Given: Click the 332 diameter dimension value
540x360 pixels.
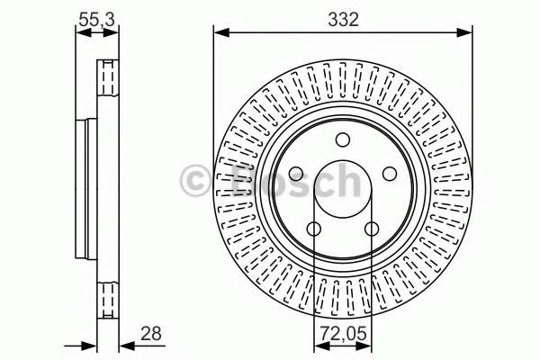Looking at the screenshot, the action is tap(344, 19).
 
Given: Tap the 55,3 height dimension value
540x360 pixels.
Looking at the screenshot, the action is tap(97, 20).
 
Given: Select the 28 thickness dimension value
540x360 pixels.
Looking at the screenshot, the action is tap(151, 334).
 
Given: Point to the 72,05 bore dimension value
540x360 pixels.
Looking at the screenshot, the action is tap(343, 334).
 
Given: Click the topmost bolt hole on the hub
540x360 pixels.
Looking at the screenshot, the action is tap(343, 139).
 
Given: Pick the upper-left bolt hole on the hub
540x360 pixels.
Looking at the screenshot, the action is tap(296, 174).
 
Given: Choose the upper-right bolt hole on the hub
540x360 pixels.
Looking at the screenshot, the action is tap(390, 174).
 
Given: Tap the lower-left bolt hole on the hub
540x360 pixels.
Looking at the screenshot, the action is tap(314, 229).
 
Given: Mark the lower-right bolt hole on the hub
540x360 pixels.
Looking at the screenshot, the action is tap(372, 229).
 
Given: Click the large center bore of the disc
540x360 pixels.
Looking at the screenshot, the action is tap(343, 189).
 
